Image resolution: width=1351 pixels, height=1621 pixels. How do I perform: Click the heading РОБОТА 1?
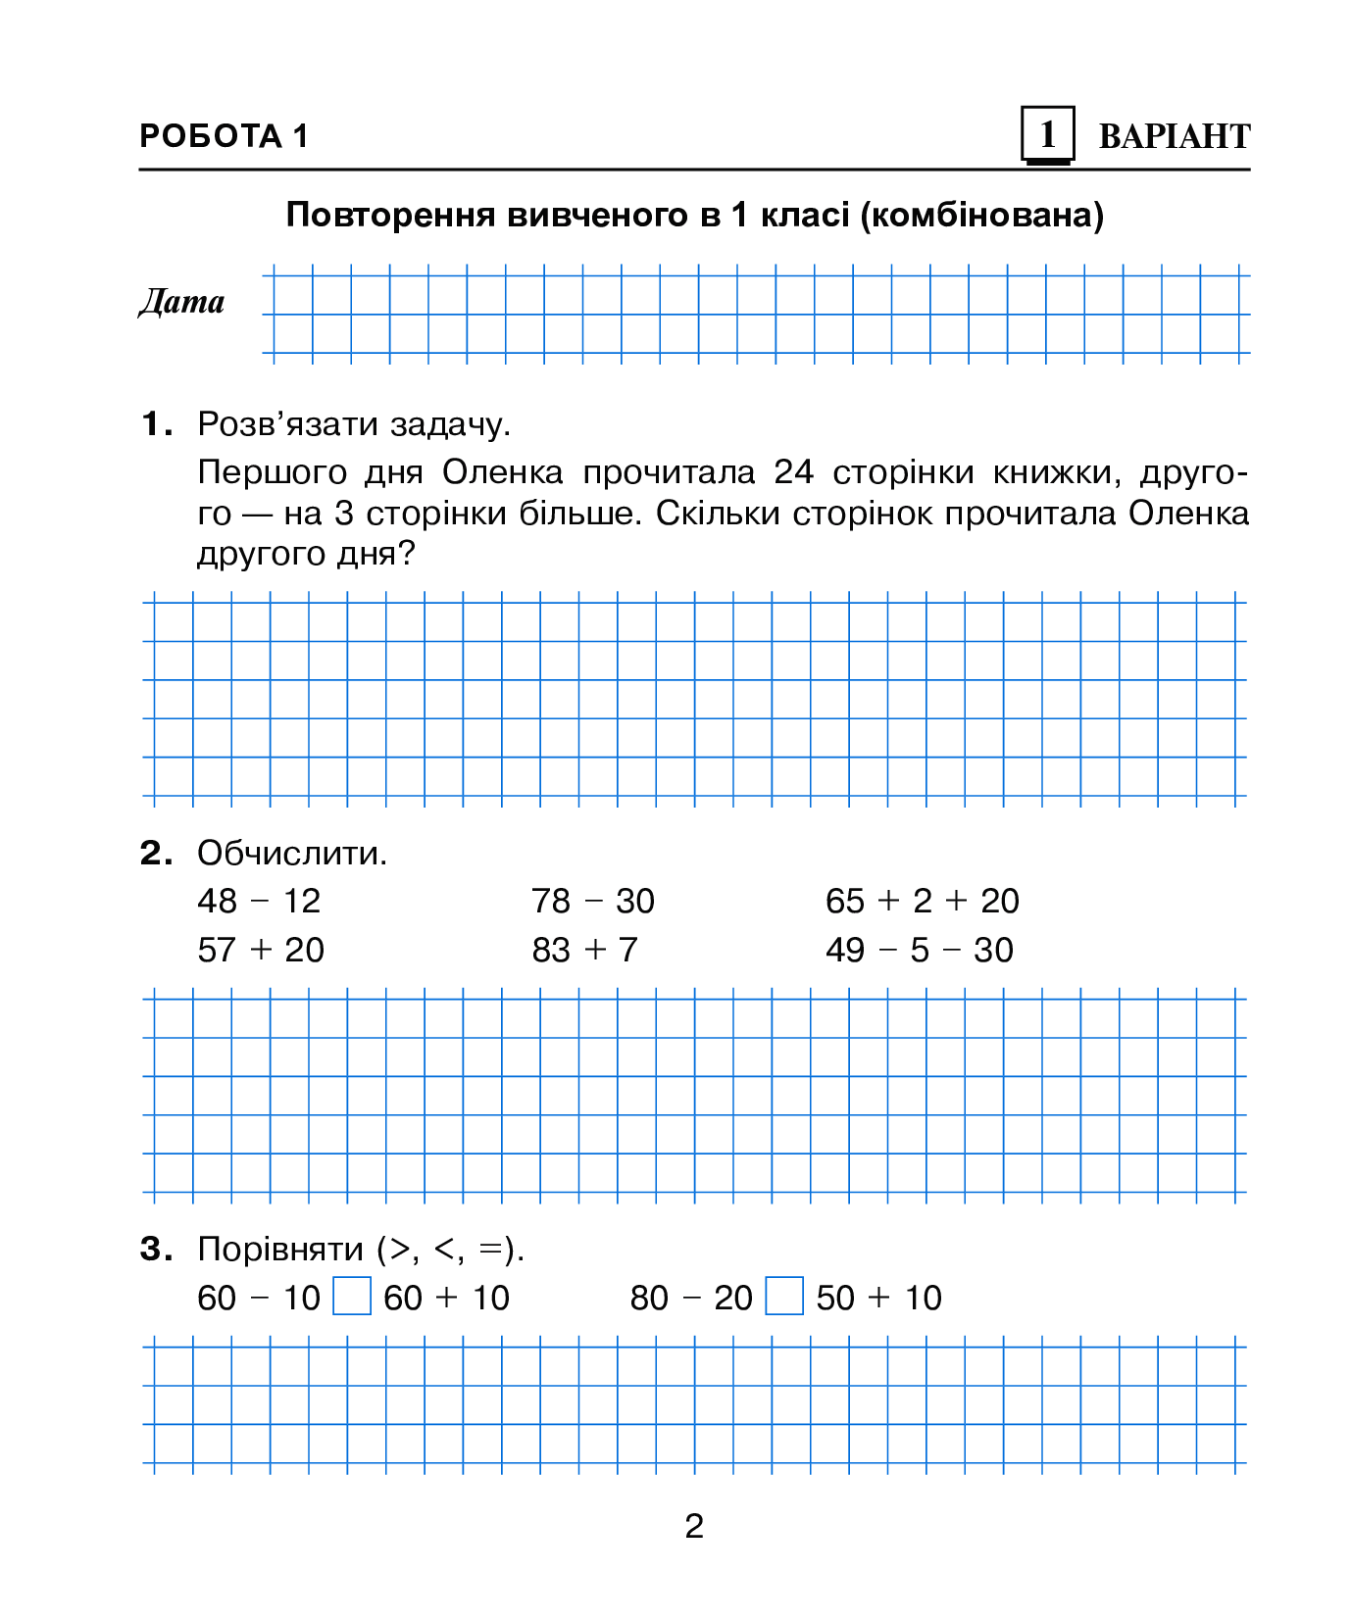[x=224, y=135]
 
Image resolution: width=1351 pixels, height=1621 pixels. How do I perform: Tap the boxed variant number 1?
[x=1047, y=134]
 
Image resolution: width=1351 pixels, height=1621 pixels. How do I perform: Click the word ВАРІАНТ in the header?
[x=1174, y=136]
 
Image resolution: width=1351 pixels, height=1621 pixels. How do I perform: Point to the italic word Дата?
[x=181, y=302]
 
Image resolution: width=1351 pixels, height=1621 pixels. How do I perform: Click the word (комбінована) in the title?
[x=981, y=215]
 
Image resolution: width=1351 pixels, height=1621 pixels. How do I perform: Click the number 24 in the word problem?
[x=793, y=472]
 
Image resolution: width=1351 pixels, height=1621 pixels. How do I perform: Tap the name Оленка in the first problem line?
[x=502, y=472]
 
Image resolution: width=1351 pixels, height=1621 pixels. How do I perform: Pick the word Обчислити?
[x=292, y=853]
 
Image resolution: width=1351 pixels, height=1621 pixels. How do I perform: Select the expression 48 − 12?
[x=259, y=901]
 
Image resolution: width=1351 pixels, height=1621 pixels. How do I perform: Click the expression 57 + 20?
[x=261, y=950]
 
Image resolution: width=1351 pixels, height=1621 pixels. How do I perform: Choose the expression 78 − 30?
[x=592, y=901]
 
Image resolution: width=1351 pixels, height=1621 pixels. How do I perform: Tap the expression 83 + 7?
[x=584, y=950]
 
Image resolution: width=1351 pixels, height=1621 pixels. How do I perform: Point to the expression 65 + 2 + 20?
[x=922, y=901]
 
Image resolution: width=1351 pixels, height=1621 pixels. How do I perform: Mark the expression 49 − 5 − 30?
[x=919, y=950]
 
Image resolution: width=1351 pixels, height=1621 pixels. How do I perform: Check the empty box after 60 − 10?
[x=352, y=1296]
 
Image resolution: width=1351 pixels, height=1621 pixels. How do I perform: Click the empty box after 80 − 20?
[x=784, y=1296]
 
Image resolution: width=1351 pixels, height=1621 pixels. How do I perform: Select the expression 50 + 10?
[x=878, y=1298]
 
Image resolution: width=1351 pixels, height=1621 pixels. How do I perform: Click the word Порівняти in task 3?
[x=281, y=1250]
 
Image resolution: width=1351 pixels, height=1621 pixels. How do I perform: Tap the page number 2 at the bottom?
[x=694, y=1526]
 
